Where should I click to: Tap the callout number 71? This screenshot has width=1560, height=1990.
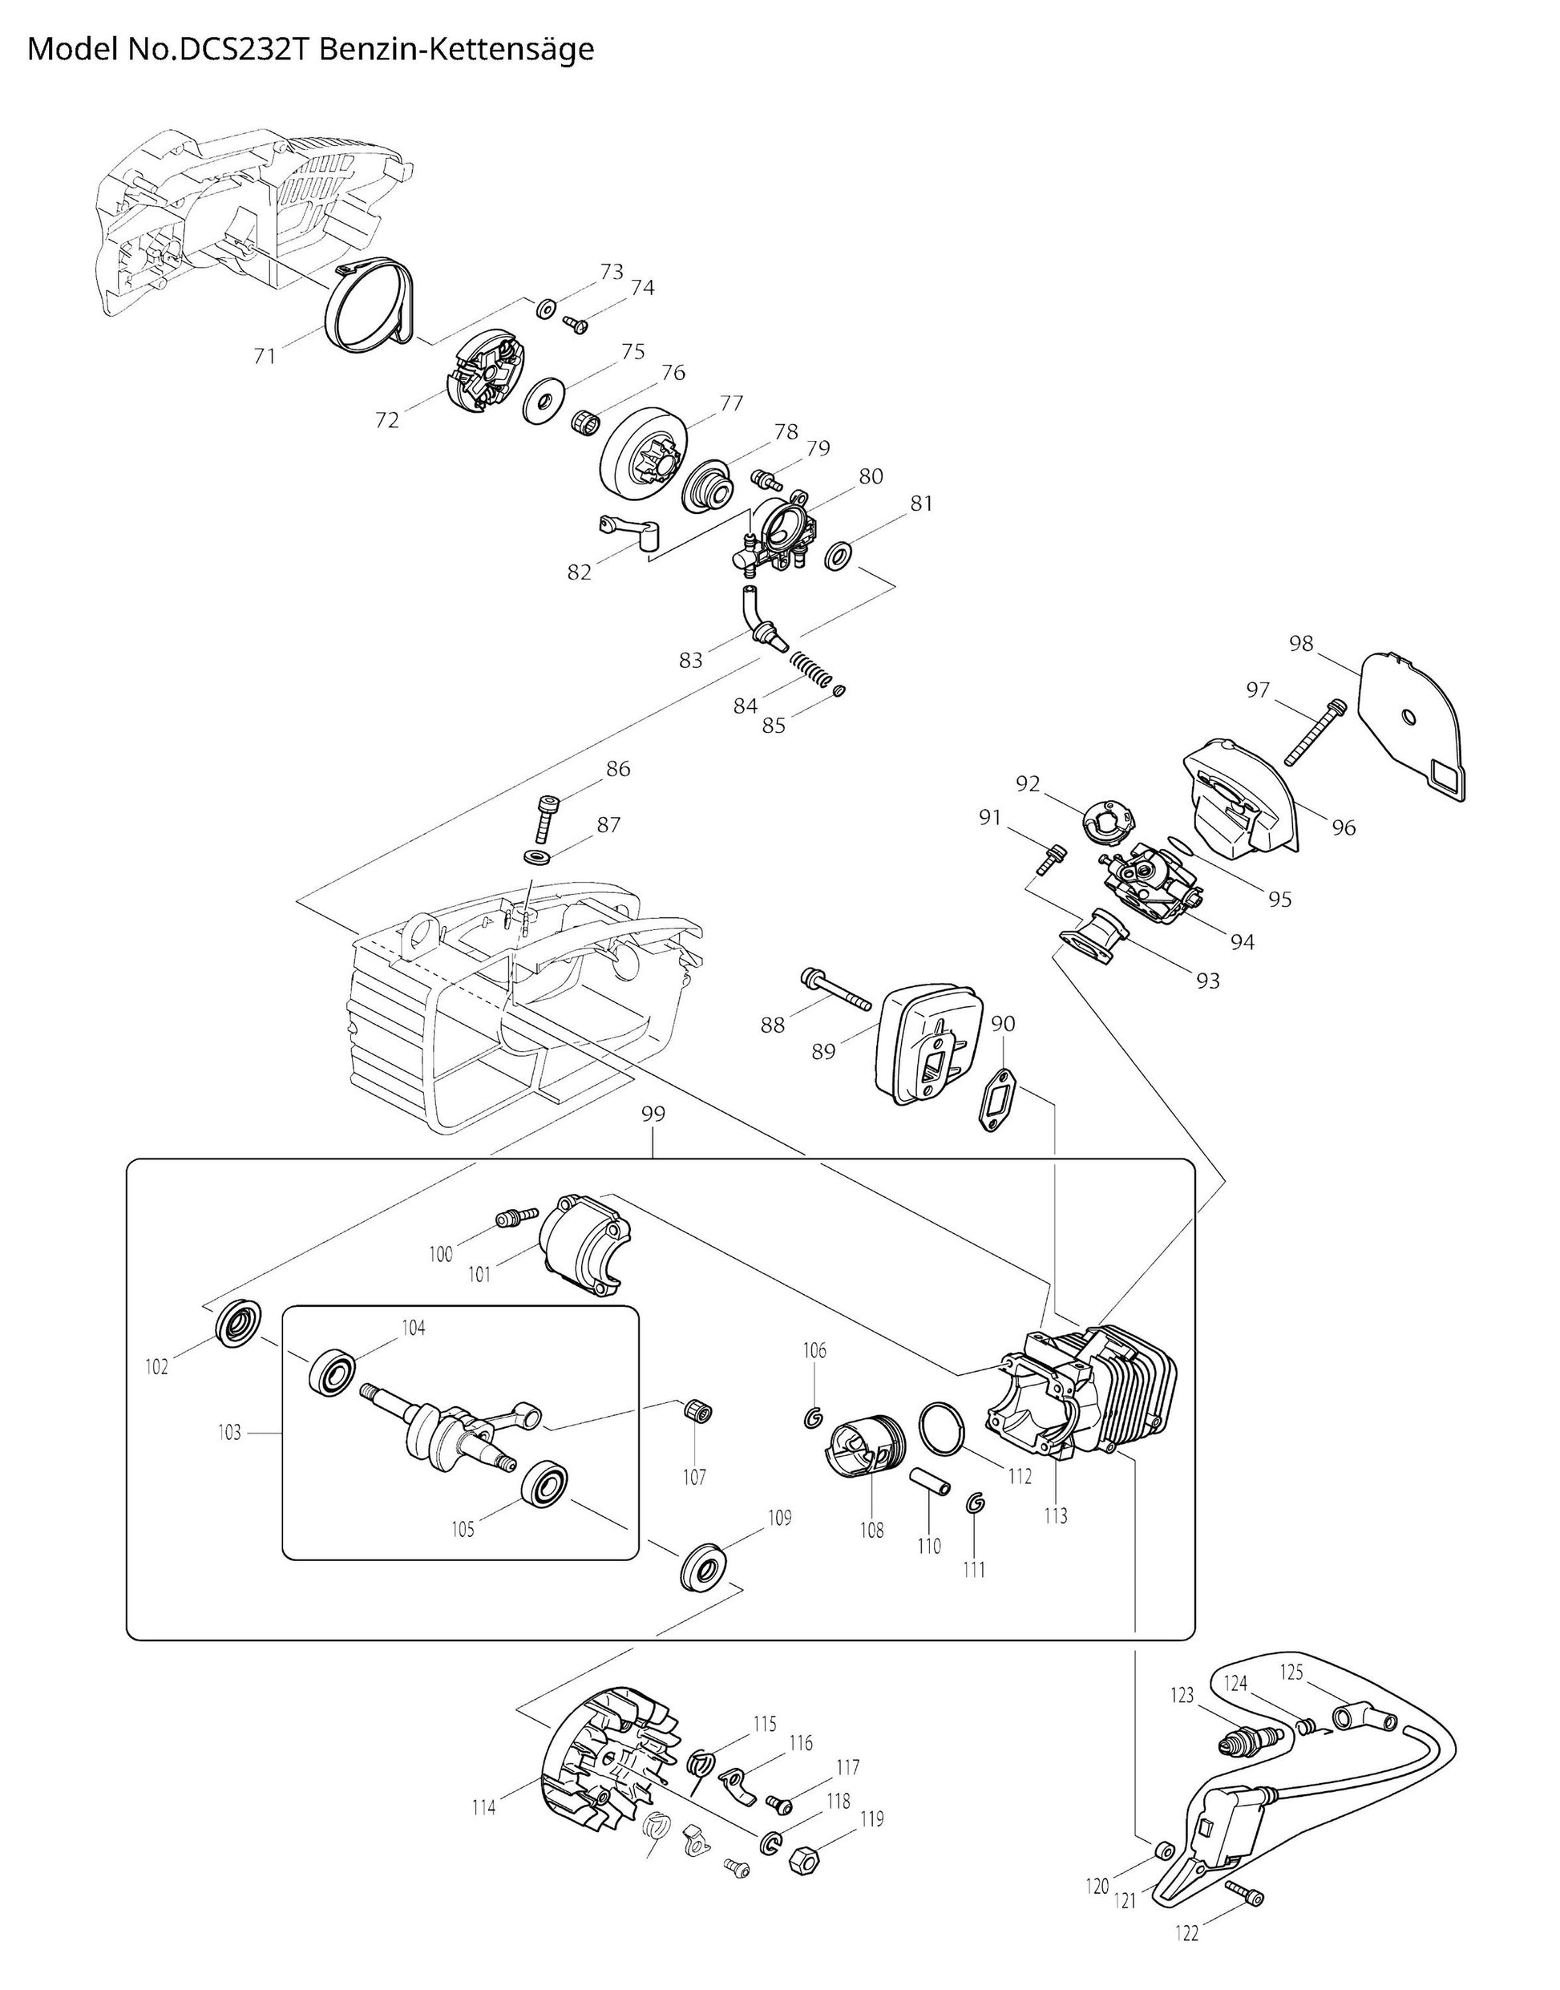pyautogui.click(x=265, y=355)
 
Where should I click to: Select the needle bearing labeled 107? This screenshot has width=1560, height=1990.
pyautogui.click(x=699, y=1411)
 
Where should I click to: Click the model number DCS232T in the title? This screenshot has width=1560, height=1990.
pyautogui.click(x=243, y=50)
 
